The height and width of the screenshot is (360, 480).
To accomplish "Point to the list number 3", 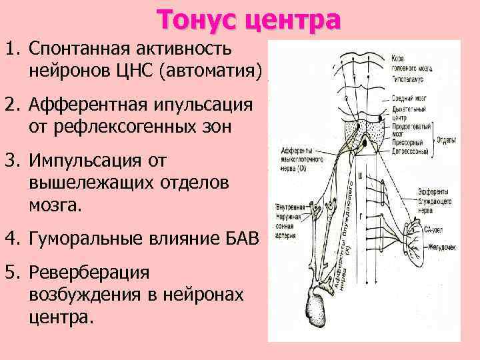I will pyautogui.click(x=12, y=161).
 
